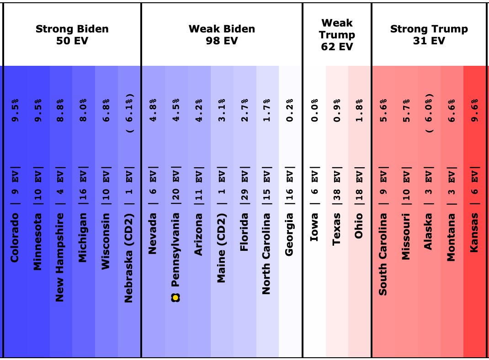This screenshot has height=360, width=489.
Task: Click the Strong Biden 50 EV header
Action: coord(72,35)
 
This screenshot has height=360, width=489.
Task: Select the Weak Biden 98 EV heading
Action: coord(222,35)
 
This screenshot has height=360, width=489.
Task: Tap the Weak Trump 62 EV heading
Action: coord(337,35)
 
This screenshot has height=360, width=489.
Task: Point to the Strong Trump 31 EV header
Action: coord(429,35)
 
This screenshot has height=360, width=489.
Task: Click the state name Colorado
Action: coord(15,238)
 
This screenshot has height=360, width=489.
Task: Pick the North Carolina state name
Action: coord(267,254)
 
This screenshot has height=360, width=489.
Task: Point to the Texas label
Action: coord(337,228)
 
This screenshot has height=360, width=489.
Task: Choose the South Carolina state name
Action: coord(383,254)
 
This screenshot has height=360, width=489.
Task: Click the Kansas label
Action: coord(474,232)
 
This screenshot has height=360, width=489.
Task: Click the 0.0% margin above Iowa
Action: coord(314,110)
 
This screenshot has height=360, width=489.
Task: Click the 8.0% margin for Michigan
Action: coord(84,110)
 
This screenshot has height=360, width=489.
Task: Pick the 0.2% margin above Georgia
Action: coord(290,110)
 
